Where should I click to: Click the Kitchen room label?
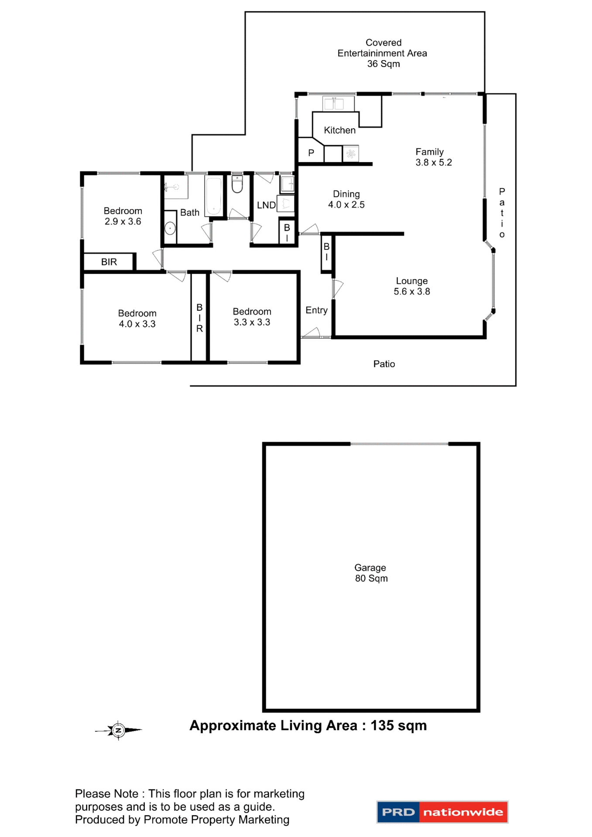(x=339, y=130)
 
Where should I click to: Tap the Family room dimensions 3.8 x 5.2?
(x=433, y=163)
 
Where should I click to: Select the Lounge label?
(x=411, y=281)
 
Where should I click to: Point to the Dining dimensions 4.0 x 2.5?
(x=346, y=205)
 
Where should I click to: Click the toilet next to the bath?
(x=237, y=184)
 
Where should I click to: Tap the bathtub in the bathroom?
(x=214, y=196)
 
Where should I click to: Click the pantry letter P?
(x=311, y=153)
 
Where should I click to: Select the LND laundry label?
(x=266, y=205)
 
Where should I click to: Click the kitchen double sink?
(x=334, y=104)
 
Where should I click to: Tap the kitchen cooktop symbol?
(x=351, y=153)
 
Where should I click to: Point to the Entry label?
(x=316, y=310)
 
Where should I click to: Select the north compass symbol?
(x=118, y=730)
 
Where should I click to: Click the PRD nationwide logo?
(x=442, y=812)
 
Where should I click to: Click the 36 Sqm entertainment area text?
(x=383, y=64)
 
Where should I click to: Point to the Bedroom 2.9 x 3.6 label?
(x=123, y=216)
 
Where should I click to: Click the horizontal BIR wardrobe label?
(x=109, y=262)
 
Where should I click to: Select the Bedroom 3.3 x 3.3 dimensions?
(x=252, y=323)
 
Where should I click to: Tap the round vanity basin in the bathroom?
(x=170, y=228)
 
